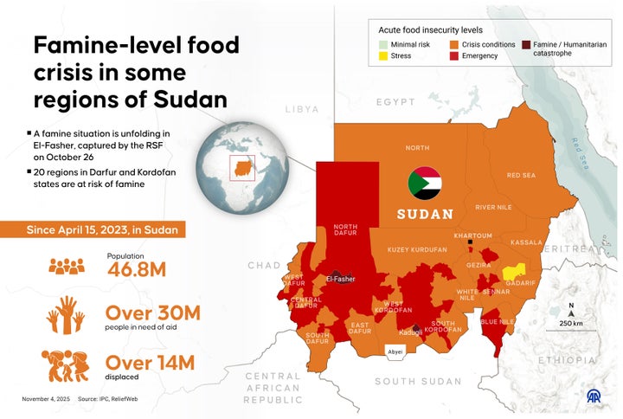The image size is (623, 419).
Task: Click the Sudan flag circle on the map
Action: pos(425,183)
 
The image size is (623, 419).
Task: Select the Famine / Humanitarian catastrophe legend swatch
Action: pos(525,44)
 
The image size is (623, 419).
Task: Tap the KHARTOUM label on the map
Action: pos(473,235)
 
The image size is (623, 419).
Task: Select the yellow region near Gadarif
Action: pos(514,271)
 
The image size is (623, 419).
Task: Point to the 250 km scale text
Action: pos(571,323)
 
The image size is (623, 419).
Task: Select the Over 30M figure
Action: pos(152,313)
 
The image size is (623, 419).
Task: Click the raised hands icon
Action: pos(66,314)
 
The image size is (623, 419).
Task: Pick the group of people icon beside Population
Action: pos(67,267)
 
